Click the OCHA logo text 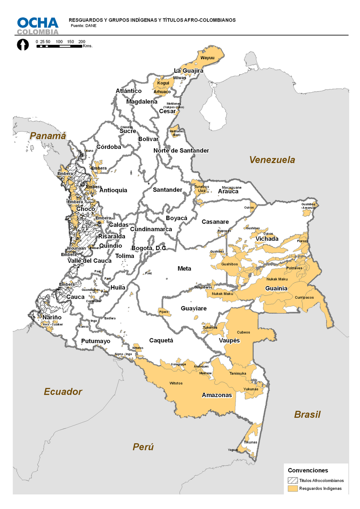click(38, 23)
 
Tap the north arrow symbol click(23, 45)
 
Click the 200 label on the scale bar click(82, 42)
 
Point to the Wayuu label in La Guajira click(207, 58)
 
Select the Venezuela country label click(272, 160)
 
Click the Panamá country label click(48, 136)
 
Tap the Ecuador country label click(63, 392)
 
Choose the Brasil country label click(307, 415)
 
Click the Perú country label click(143, 447)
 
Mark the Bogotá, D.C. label click(149, 248)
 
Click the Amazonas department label click(217, 395)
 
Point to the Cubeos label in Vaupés click(244, 332)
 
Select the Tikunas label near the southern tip click(251, 442)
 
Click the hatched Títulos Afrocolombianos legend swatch click(293, 481)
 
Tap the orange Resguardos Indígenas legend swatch click(293, 488)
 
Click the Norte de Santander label click(181, 150)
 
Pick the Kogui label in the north click(163, 83)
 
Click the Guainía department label click(276, 288)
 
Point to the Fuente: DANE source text click(83, 26)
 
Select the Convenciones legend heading click(308, 470)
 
